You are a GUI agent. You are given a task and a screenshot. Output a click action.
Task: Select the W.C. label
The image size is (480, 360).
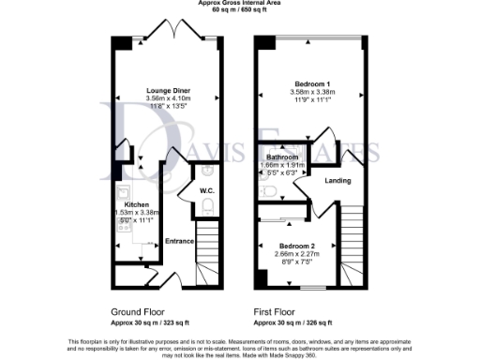click(207, 191)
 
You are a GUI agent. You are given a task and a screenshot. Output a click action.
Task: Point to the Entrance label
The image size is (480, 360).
click(179, 242)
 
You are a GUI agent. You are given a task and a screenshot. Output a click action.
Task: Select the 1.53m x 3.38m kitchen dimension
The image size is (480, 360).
click(134, 213)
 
